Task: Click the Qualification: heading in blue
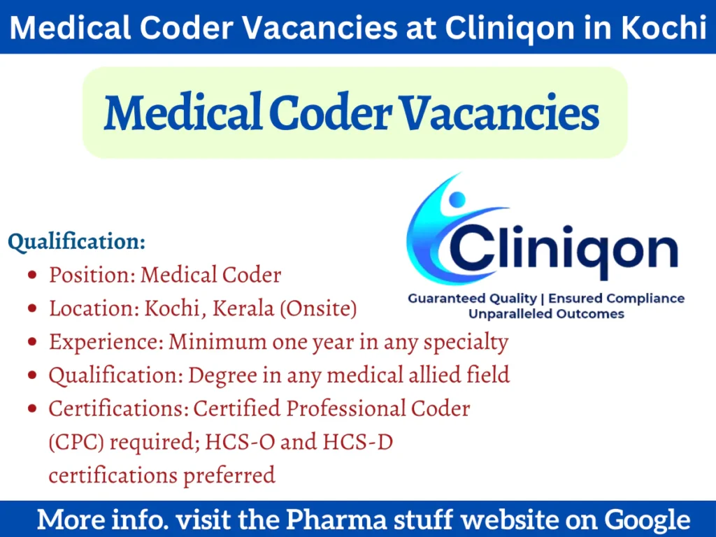(x=77, y=242)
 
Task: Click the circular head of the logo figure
(x=457, y=201)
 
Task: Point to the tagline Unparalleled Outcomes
(x=546, y=314)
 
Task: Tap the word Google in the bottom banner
(x=647, y=520)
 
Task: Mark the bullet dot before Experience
(x=32, y=343)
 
